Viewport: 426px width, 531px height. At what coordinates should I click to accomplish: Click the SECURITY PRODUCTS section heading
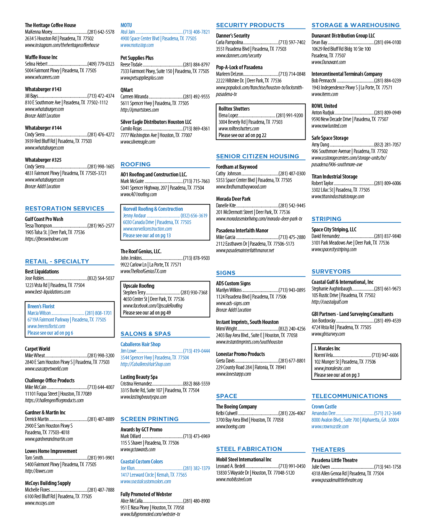[250, 25]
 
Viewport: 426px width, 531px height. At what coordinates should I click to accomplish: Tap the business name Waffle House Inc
[41, 57]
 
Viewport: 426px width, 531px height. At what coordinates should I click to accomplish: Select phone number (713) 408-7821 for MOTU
[196, 32]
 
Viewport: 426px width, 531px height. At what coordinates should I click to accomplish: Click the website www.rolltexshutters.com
[239, 128]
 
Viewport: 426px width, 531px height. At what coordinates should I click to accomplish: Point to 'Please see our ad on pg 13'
[147, 235]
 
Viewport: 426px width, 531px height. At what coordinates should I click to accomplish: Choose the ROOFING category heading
[135, 164]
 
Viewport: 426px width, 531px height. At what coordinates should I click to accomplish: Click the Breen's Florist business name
[41, 306]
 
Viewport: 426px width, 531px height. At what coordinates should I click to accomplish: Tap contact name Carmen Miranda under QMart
[134, 96]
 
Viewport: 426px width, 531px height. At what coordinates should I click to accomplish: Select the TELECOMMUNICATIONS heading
[349, 396]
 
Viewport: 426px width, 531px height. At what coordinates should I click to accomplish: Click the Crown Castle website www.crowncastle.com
[330, 426]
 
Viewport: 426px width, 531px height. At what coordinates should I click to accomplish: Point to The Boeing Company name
[236, 406]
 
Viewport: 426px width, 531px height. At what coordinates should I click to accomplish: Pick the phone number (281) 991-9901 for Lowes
[101, 458]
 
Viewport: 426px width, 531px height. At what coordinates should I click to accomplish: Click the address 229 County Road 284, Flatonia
[251, 367]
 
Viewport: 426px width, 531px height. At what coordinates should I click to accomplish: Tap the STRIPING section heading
[326, 219]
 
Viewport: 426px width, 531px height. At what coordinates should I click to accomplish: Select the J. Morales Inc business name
[327, 348]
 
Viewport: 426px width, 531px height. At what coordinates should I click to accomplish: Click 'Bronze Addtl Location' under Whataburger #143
[42, 116]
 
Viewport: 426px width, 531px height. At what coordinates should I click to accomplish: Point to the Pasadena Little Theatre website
[337, 480]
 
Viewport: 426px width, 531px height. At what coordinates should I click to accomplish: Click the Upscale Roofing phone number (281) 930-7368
[194, 292]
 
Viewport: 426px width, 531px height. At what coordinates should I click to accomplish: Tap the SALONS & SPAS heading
[145, 334]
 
